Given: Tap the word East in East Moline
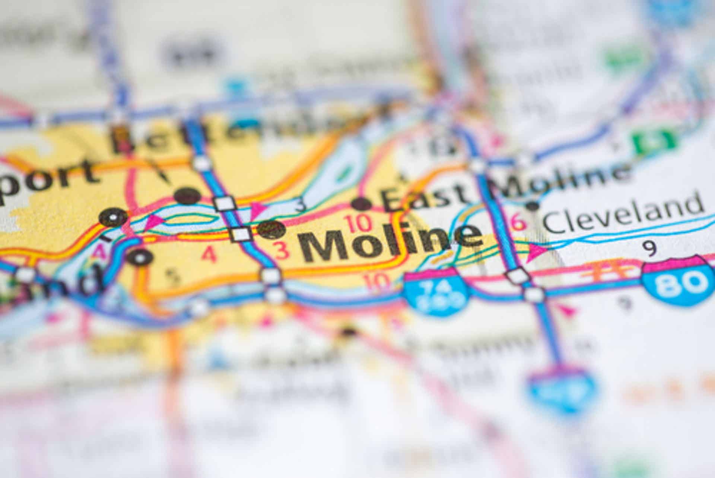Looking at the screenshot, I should click(425, 197).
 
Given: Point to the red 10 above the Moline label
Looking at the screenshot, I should click(359, 223).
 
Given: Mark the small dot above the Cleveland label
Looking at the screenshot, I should click(533, 205).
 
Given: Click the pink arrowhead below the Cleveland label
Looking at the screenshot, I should click(536, 252).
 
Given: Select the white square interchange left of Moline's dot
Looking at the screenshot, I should click(241, 234).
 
